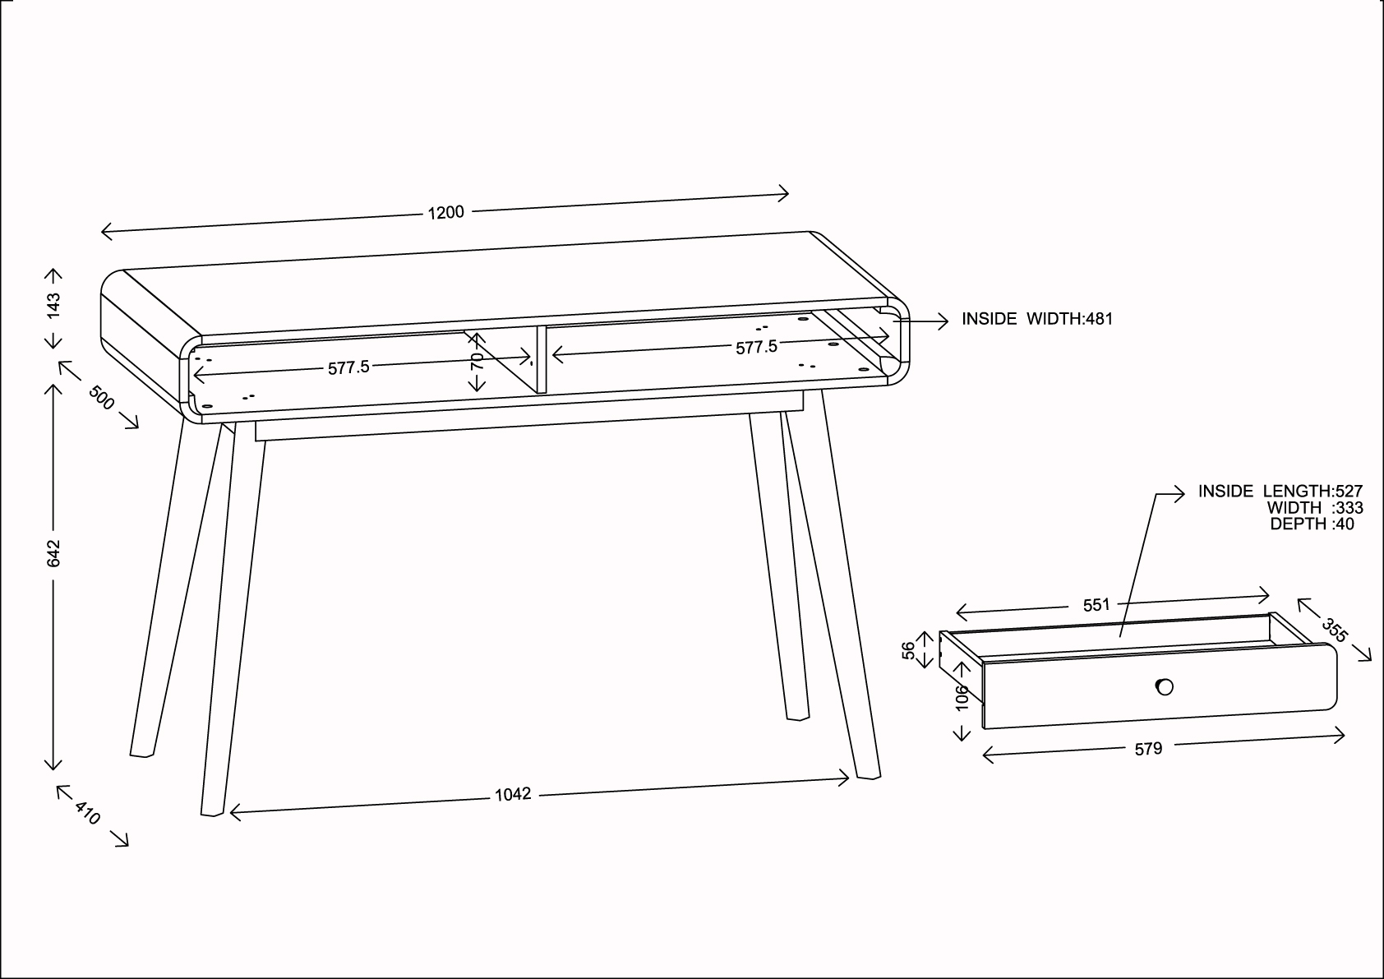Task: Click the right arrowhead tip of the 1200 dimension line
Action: [788, 194]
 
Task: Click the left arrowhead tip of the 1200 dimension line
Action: [101, 232]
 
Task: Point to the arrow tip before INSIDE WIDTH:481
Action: [948, 321]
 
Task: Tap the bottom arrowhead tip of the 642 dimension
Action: [53, 769]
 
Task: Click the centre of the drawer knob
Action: [1165, 686]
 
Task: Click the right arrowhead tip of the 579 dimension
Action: [1345, 736]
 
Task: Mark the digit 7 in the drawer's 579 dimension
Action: [1149, 749]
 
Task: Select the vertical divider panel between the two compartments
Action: [542, 359]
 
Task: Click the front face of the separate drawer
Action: [1160, 686]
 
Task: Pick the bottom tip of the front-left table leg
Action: [212, 815]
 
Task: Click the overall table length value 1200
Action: [445, 213]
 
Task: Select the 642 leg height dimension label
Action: [53, 553]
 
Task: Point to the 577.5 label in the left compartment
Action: [348, 367]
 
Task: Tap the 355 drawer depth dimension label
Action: [1334, 630]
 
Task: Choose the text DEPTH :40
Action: [1312, 524]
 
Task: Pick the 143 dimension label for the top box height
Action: [53, 306]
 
